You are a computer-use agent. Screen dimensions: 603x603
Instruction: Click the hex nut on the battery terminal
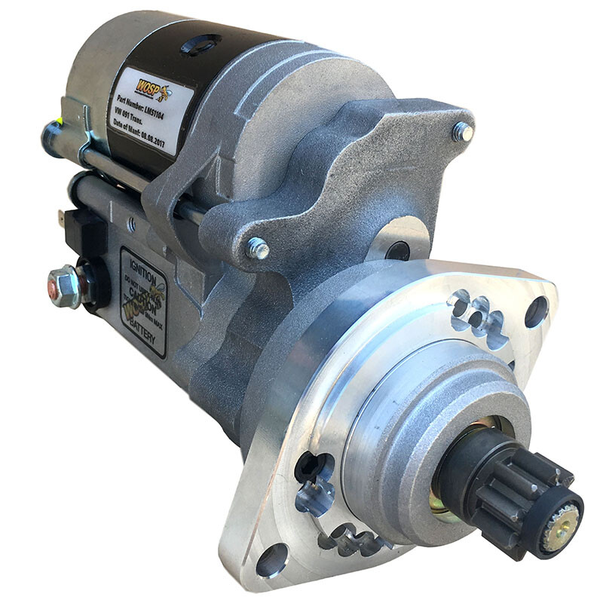[63, 285]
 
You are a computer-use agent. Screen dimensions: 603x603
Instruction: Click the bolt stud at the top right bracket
[462, 133]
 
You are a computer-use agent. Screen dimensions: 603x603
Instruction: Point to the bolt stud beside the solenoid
[258, 247]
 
